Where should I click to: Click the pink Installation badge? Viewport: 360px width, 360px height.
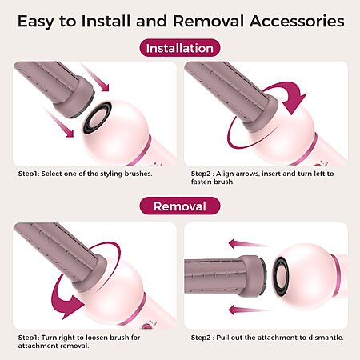pyautogui.click(x=180, y=48)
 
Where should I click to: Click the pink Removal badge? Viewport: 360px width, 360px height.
pyautogui.click(x=180, y=206)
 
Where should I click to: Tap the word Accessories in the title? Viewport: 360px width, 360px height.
pyautogui.click(x=297, y=21)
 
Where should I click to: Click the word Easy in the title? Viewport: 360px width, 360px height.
pyautogui.click(x=35, y=22)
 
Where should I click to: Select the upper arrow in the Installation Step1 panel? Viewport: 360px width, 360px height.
pyautogui.click(x=96, y=78)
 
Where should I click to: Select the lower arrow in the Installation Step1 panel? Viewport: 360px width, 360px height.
pyautogui.click(x=59, y=122)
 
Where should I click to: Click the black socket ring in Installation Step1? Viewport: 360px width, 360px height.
pyautogui.click(x=97, y=118)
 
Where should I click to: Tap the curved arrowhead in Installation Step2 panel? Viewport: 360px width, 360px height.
pyautogui.click(x=294, y=102)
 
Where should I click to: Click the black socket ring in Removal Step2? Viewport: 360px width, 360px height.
pyautogui.click(x=281, y=276)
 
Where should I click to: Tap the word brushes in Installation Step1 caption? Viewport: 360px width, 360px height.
pyautogui.click(x=138, y=174)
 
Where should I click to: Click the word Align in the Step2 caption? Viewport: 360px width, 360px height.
pyautogui.click(x=224, y=174)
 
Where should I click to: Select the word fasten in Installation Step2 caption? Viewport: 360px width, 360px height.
pyautogui.click(x=201, y=182)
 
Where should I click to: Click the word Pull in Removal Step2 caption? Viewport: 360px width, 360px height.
pyautogui.click(x=222, y=338)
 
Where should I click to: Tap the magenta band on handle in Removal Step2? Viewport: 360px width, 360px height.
pyautogui.click(x=336, y=276)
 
